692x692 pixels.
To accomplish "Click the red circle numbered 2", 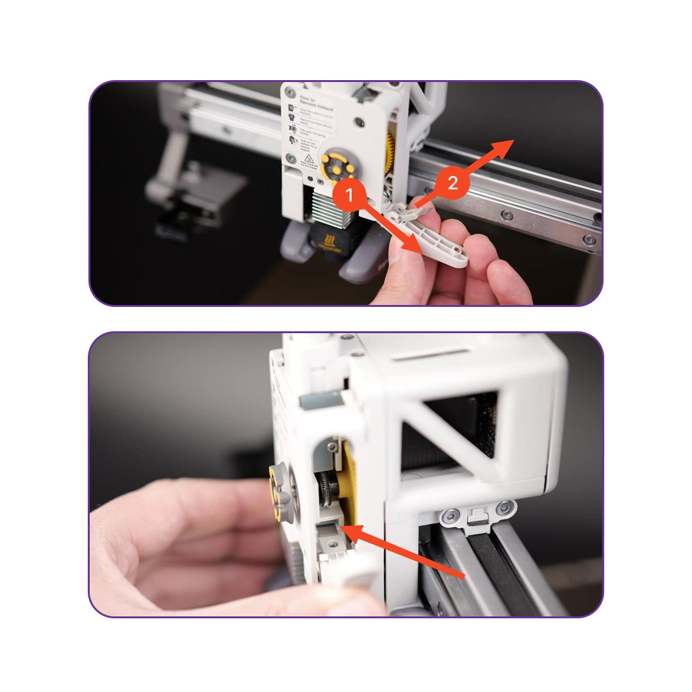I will coord(452,183).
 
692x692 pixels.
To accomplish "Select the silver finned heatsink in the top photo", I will coord(330,208).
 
